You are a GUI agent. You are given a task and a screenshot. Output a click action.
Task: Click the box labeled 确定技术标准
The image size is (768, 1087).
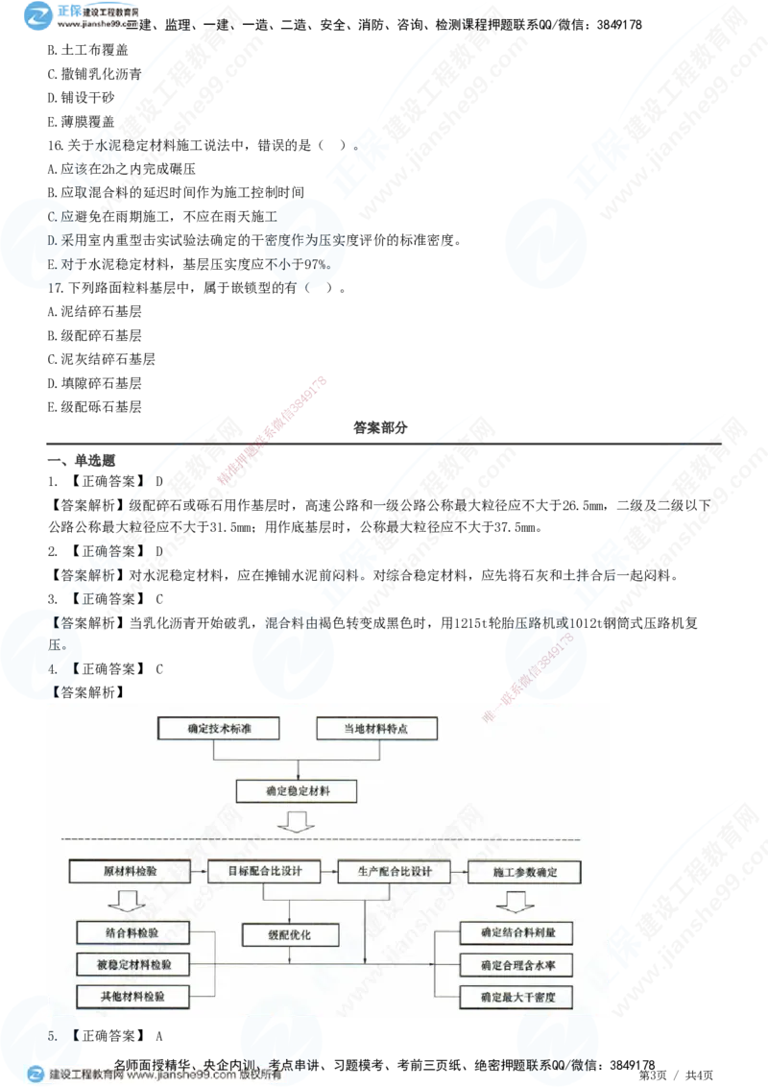point(218,729)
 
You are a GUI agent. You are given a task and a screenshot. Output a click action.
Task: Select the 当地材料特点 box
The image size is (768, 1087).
point(376,729)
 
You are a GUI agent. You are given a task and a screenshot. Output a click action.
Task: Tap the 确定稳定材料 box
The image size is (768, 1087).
point(298,791)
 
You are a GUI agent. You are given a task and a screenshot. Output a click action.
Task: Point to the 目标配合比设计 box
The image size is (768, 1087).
point(265,872)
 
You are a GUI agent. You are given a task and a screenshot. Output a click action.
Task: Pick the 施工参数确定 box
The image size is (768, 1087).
point(524,872)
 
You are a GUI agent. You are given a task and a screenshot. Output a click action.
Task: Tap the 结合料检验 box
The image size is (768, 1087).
point(132,931)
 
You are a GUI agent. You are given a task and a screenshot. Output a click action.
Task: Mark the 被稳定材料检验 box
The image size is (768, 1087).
point(132,963)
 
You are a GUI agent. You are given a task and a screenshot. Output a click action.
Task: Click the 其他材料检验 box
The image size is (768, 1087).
point(132,996)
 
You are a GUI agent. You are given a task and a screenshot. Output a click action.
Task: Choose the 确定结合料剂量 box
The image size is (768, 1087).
point(516,931)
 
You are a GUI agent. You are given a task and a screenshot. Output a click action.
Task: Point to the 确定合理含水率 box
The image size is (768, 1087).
point(516,964)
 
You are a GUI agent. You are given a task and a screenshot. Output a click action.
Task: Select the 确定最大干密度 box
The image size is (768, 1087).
point(516,997)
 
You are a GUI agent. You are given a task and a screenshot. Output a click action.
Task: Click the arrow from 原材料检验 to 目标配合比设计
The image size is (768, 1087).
point(196,872)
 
